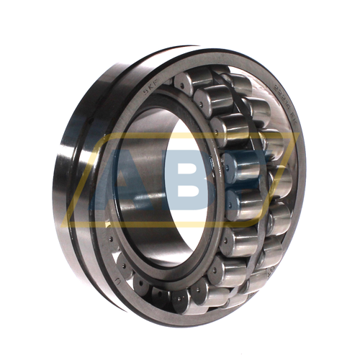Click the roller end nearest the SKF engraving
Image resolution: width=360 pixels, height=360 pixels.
pyautogui.click(x=179, y=84)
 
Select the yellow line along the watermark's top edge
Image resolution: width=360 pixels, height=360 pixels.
pyautogui.click(x=194, y=135)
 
